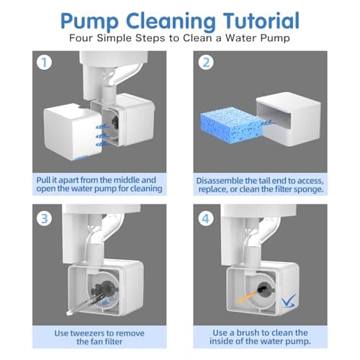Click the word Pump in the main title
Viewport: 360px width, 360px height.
[89, 22]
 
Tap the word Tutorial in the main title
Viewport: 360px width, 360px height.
[261, 21]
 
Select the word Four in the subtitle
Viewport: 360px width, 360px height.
[81, 38]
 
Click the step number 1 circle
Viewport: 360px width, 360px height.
[45, 63]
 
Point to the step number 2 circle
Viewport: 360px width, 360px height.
[206, 63]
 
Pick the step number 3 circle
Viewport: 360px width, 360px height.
[45, 219]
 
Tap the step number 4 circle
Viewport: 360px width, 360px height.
[206, 219]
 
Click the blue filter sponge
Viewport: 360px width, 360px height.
[232, 125]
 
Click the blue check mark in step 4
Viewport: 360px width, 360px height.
[289, 300]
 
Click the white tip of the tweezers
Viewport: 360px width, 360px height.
[69, 313]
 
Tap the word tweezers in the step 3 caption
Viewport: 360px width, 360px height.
[87, 333]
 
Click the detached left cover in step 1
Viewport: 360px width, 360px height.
[73, 132]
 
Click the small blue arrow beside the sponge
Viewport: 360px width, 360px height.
[267, 123]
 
